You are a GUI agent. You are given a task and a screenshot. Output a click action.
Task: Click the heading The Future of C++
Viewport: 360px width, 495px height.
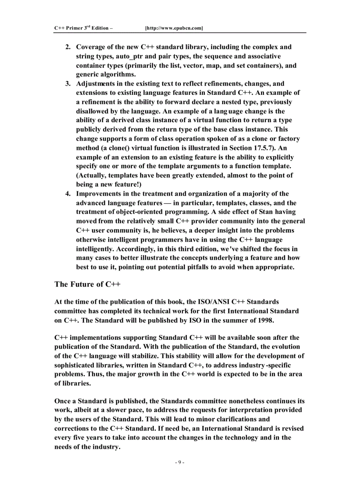click(x=87, y=284)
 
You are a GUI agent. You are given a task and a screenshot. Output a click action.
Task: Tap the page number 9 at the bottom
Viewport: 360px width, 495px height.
click(x=180, y=462)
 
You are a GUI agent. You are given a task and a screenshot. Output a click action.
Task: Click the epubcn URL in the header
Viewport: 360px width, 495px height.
click(x=174, y=28)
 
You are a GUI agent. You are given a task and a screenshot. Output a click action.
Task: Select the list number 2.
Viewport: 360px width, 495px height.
click(x=68, y=47)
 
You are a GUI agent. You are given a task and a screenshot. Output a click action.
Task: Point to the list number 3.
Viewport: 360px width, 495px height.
click(x=68, y=83)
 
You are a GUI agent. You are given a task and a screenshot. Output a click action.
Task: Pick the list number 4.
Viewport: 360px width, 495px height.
click(x=68, y=194)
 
